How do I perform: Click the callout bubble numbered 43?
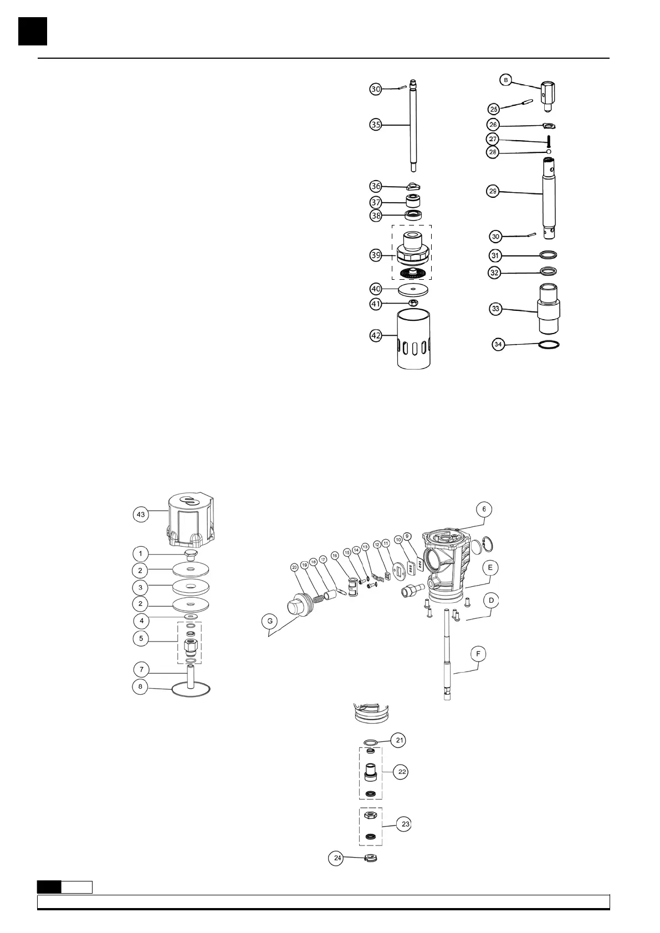click(141, 515)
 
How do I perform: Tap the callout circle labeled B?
click(505, 80)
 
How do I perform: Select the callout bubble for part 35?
click(376, 125)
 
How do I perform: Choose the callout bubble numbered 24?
click(337, 858)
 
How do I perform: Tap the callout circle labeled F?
click(478, 654)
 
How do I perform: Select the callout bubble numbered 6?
click(484, 509)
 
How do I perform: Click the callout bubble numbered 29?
click(493, 191)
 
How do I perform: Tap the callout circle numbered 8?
click(141, 686)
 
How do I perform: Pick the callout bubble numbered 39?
click(376, 255)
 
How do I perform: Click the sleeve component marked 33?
click(549, 307)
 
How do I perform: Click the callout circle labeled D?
click(491, 601)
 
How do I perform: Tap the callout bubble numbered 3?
click(141, 587)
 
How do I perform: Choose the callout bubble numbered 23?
click(406, 824)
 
